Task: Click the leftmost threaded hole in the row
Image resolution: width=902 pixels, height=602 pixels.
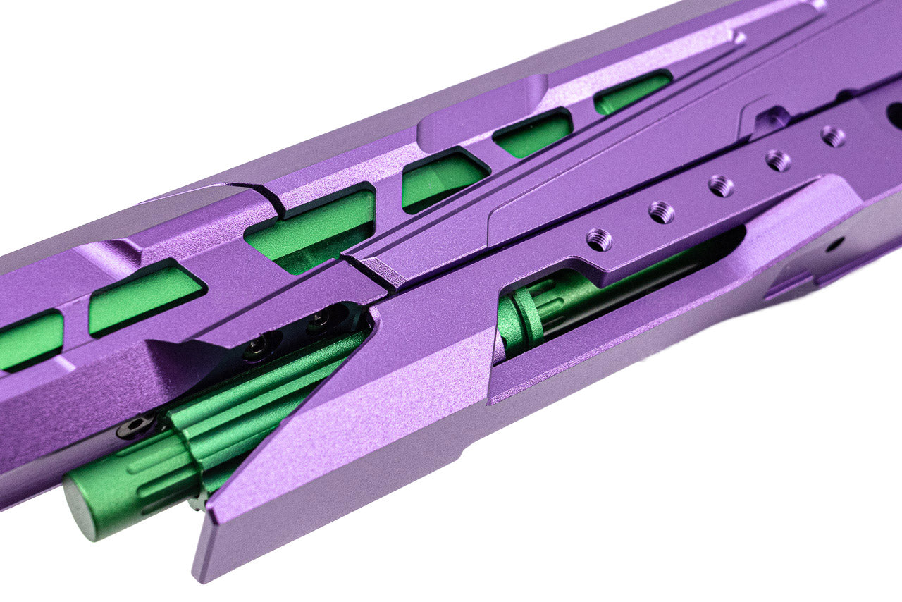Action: pyautogui.click(x=599, y=239)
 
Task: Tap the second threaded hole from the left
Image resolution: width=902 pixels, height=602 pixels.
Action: pyautogui.click(x=661, y=212)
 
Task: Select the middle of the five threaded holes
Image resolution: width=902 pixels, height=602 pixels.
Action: pyautogui.click(x=721, y=186)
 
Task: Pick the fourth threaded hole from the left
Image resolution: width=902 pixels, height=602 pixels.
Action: pyautogui.click(x=778, y=161)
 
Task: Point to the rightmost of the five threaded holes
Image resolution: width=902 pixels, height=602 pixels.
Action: pyautogui.click(x=833, y=136)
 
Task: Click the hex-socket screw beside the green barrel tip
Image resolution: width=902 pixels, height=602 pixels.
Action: pyautogui.click(x=136, y=426)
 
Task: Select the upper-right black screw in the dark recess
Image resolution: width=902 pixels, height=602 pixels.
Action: pyautogui.click(x=319, y=321)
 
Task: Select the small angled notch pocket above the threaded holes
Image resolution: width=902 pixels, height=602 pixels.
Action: pyautogui.click(x=770, y=118)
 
